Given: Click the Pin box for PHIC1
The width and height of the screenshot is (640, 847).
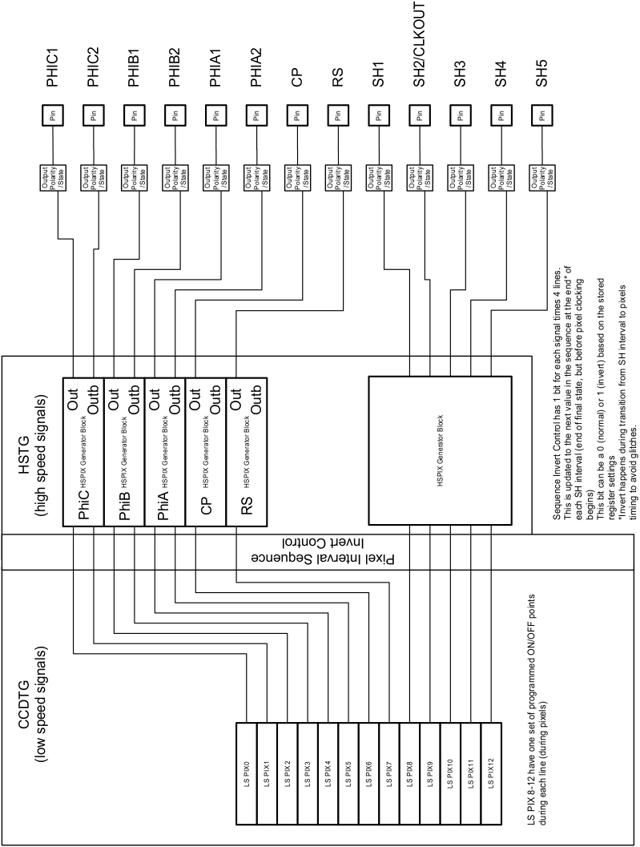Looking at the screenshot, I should [53, 115].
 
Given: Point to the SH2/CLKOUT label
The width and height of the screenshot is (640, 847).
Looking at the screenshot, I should [419, 49].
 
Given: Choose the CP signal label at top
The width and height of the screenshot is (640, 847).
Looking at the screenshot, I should [297, 77].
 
